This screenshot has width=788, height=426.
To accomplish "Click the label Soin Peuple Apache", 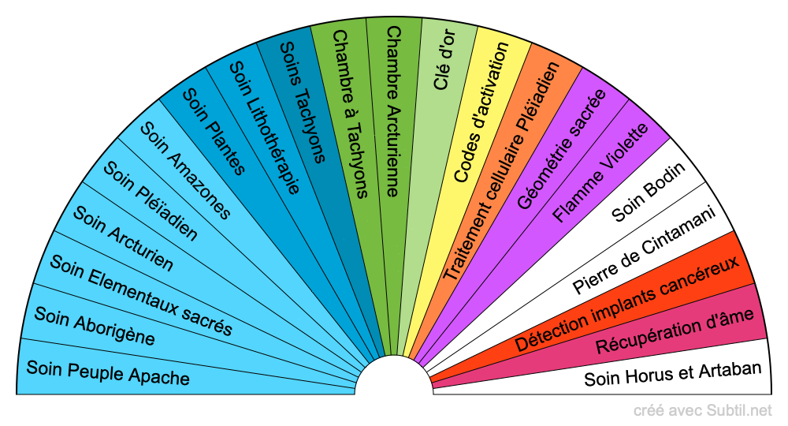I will point(108,372).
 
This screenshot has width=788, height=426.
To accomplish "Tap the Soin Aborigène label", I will point(95,326).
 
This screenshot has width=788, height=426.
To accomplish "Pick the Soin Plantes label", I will point(214,131).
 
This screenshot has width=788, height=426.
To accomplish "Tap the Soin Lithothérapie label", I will point(264,127).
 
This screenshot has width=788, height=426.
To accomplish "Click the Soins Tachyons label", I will point(303,101).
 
